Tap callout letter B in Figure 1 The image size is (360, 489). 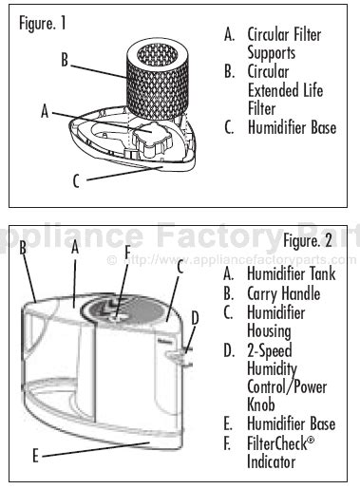(65, 60)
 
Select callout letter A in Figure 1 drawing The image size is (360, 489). (45, 111)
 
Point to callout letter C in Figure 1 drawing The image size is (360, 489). (77, 179)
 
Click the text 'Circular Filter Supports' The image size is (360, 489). (284, 44)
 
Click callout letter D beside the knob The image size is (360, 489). (195, 317)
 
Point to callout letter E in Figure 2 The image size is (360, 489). (35, 456)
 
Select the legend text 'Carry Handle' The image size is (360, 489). (283, 293)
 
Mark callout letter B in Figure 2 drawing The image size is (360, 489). (22, 246)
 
